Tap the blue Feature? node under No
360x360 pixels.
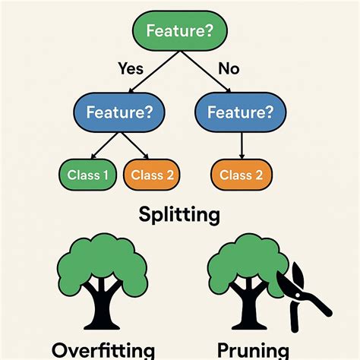[242, 112]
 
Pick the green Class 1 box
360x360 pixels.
[88, 175]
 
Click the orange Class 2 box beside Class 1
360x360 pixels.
[153, 175]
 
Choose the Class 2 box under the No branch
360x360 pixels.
[242, 175]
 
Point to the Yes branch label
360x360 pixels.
[131, 68]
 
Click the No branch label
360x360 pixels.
[229, 68]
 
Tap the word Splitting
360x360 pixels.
[179, 214]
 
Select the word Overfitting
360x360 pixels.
[103, 350]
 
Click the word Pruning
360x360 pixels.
[253, 350]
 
